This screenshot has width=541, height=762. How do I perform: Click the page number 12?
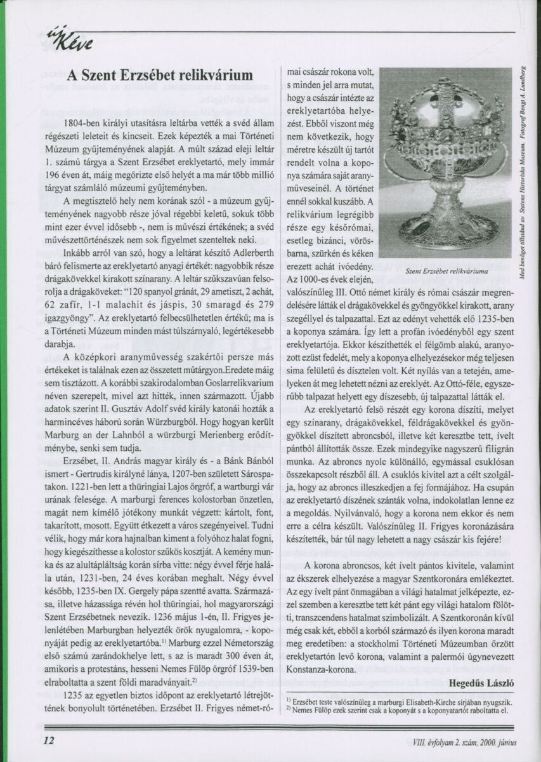[x=49, y=740]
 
